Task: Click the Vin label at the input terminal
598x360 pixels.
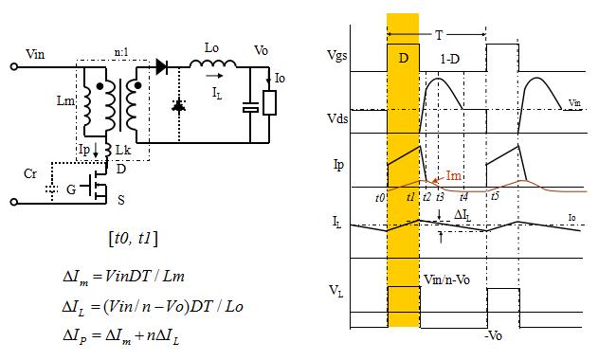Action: click(35, 54)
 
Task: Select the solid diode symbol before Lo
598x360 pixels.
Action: click(161, 67)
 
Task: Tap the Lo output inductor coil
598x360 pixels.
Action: click(213, 63)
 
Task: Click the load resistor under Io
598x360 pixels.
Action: click(270, 102)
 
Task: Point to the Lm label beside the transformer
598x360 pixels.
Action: click(65, 100)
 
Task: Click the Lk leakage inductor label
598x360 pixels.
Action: click(123, 150)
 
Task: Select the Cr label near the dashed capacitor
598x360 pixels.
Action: click(30, 174)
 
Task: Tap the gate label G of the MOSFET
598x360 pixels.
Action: click(71, 189)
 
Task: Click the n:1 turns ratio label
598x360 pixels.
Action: click(121, 53)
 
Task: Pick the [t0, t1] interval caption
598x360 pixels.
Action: click(133, 239)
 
